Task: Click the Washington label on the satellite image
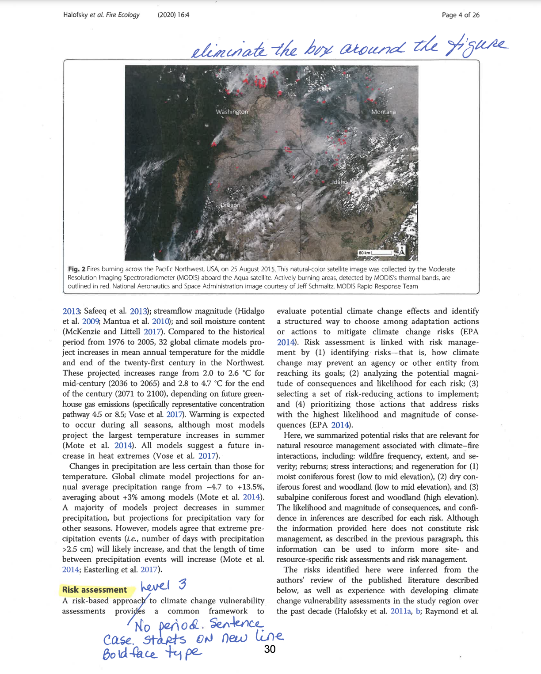coord(232,112)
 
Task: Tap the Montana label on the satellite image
coord(383,112)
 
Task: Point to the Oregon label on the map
coord(230,205)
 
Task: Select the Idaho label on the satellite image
coord(339,182)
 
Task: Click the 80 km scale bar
coord(375,253)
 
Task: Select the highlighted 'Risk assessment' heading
coord(94,590)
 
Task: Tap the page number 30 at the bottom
coord(270,649)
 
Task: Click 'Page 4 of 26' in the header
coord(460,15)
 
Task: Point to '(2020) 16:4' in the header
coord(173,15)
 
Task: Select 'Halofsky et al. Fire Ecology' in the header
coord(101,15)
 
